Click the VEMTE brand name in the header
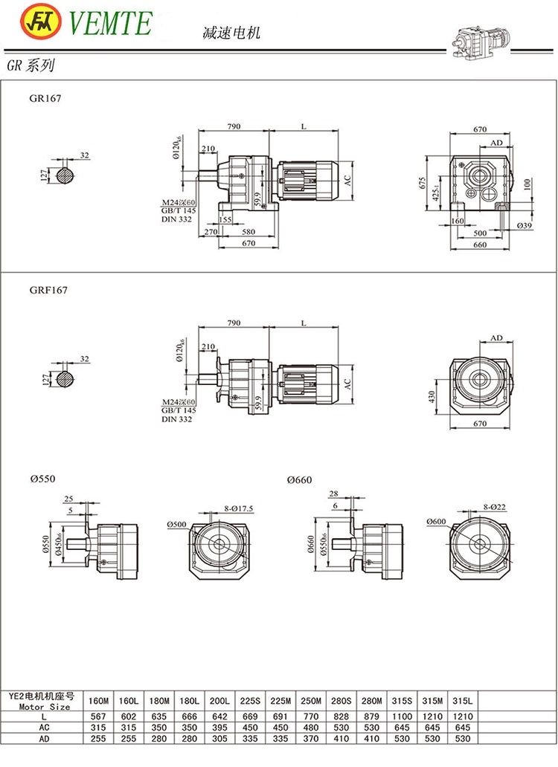(x=110, y=23)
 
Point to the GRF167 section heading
(x=48, y=291)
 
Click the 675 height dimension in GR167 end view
(x=422, y=183)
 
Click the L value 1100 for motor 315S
(x=403, y=716)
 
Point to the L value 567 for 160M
(x=97, y=716)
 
